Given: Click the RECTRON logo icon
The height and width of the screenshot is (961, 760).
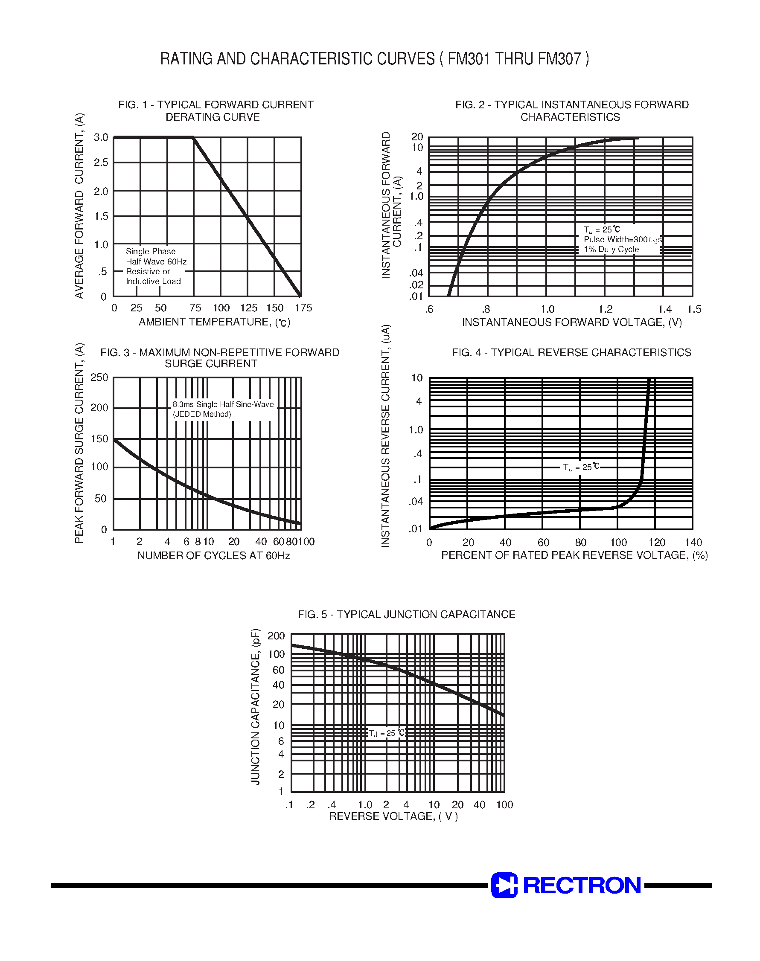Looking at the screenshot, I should tap(504, 885).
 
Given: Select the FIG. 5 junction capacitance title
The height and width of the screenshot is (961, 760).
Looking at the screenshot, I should tap(406, 614).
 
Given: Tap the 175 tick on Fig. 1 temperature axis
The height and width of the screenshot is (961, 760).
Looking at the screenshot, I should tap(303, 308).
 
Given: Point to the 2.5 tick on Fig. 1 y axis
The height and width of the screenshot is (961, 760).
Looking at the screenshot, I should tap(101, 163).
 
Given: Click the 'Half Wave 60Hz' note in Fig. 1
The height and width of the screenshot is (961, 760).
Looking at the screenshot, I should tap(156, 261).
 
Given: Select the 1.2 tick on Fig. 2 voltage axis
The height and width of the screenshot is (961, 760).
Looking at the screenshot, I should tap(605, 309).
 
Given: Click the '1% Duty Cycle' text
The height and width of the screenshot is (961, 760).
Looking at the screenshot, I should tap(611, 250).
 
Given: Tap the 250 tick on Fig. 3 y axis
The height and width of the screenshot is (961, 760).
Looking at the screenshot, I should tap(99, 377).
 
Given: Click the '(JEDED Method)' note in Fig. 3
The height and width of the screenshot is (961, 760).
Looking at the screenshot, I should tap(202, 414).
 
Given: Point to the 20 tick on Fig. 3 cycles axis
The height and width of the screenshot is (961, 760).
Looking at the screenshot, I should tap(233, 542).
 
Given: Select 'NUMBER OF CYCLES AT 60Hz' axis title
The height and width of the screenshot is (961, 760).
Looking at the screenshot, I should tap(214, 555).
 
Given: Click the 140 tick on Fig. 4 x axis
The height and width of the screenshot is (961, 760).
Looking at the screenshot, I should tap(693, 543).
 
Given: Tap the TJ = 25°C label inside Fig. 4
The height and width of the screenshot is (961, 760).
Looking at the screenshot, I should tap(581, 467).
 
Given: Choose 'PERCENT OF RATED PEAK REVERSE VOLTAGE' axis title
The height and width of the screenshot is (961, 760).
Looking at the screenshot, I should tap(574, 555).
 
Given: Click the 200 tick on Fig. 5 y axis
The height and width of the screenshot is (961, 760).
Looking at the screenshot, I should tap(276, 636).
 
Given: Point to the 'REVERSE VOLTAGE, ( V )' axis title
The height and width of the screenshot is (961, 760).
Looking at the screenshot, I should tap(393, 816).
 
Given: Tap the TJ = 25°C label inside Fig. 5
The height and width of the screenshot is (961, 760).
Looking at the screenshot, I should tap(387, 733).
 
